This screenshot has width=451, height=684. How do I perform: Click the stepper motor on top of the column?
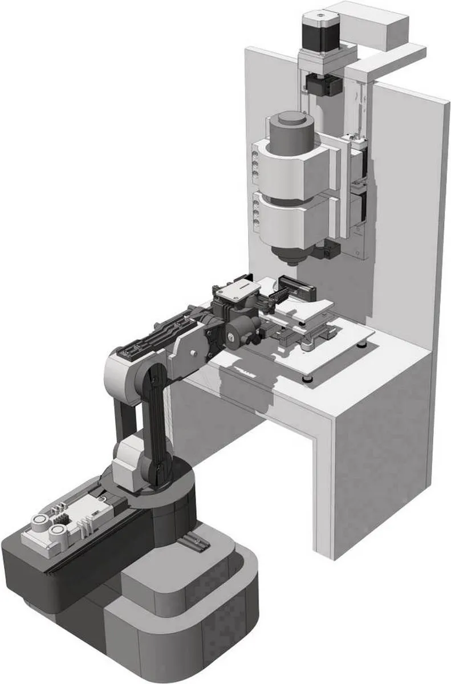click(x=322, y=36)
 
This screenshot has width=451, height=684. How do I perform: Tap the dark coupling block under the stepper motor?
click(x=323, y=85)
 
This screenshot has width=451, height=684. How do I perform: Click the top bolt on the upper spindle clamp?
click(x=255, y=153)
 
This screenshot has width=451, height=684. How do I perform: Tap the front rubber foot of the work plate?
click(x=308, y=377)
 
